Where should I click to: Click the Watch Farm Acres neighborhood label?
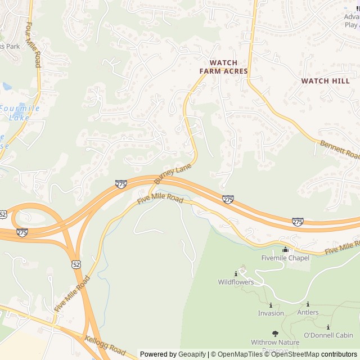tap(223, 67)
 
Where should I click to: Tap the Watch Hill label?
tap(325, 81)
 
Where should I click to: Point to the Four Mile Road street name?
tap(33, 45)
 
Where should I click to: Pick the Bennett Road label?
tap(340, 150)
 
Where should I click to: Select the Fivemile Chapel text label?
tap(285, 258)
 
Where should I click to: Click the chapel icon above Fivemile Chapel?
tap(285, 249)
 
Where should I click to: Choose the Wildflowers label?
tap(236, 282)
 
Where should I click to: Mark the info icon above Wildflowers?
tap(236, 273)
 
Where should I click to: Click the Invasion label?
tap(271, 313)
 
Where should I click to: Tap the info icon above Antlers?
tap(308, 304)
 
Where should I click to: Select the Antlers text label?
tap(308, 313)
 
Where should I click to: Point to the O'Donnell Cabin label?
tap(328, 335)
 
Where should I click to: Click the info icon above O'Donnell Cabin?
tap(328, 327)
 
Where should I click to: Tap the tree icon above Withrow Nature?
tap(275, 334)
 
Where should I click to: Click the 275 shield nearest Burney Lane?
tap(121, 184)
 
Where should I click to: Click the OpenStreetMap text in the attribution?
tap(295, 354)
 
